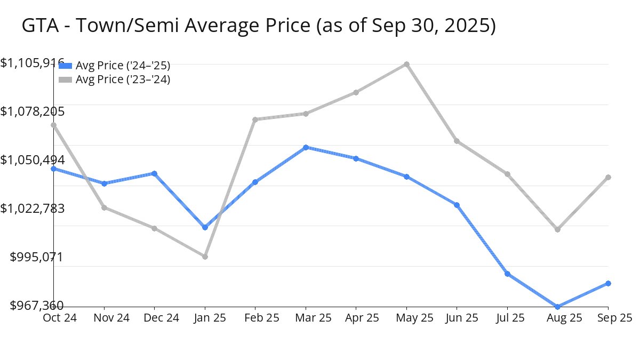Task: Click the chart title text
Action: pos(259,26)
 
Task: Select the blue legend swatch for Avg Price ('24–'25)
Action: pos(65,66)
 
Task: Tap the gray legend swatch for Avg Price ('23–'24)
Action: pos(65,79)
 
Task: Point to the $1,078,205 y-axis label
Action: pos(33,111)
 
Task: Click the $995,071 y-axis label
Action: pos(37,257)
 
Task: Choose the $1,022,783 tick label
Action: pos(33,208)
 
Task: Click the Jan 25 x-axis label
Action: pos(205,318)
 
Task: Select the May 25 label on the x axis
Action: pos(406,318)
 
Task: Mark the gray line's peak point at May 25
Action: pos(406,64)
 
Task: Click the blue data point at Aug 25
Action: pos(558,307)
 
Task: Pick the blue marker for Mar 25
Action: pos(306,147)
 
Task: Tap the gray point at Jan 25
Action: pos(205,257)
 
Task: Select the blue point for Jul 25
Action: pos(507,274)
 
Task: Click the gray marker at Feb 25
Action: pos(255,119)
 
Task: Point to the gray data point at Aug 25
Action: pos(558,229)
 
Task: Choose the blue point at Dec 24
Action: pos(154,173)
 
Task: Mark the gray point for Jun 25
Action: pos(457,141)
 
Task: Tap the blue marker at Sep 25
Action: pos(608,283)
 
